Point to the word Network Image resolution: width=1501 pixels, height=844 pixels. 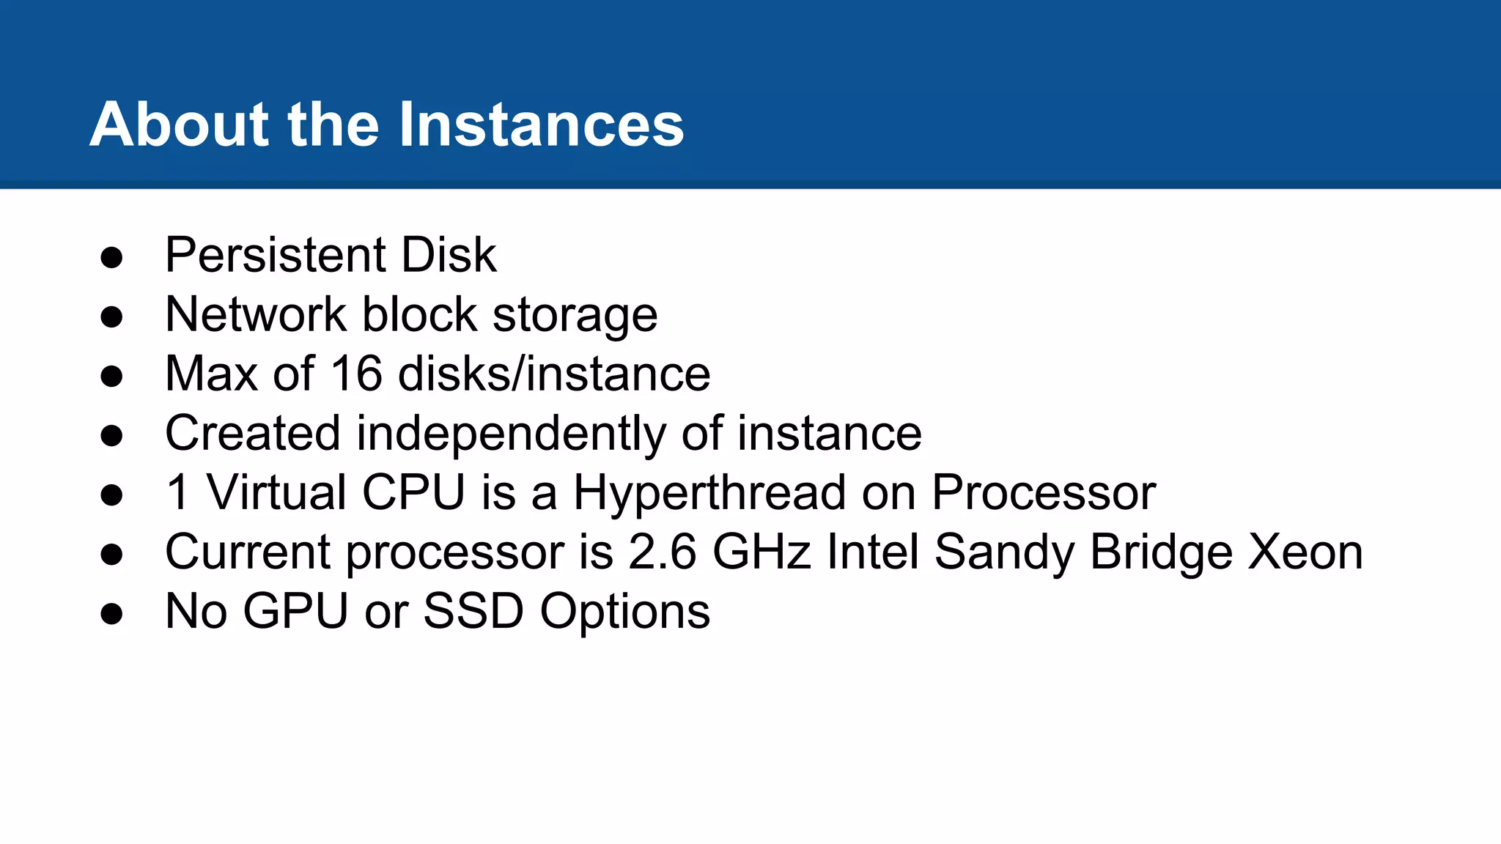point(255,314)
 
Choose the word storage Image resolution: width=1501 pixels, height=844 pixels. point(575,316)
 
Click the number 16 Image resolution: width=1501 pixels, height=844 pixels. point(356,374)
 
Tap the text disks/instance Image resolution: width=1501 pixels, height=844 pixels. point(554,374)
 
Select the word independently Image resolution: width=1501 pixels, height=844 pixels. point(511,434)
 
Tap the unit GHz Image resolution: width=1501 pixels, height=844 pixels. point(761,552)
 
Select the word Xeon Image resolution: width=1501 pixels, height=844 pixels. point(1305,552)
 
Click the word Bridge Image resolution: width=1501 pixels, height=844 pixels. point(1161,552)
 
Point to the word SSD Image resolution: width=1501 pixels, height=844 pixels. point(473,611)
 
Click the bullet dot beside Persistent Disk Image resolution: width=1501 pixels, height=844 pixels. point(111,258)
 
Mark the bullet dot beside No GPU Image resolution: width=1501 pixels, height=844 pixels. point(111,614)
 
